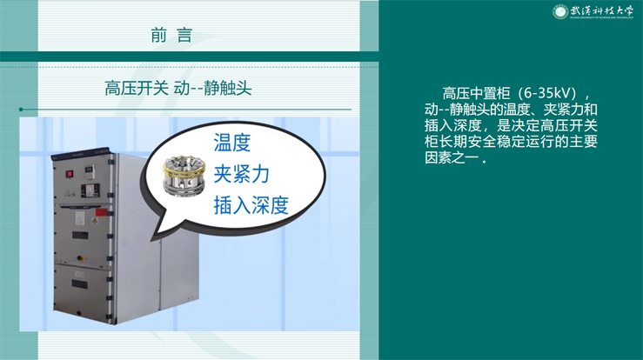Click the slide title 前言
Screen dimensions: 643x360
click(171, 36)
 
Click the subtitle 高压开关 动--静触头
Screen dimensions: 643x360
click(178, 88)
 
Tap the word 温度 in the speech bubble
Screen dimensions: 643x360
click(232, 143)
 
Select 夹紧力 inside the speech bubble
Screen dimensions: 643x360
click(242, 174)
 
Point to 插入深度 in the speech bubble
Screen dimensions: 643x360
click(251, 205)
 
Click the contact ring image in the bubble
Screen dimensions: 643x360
click(184, 176)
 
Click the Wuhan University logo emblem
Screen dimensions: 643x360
click(559, 11)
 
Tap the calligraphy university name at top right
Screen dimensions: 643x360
click(602, 10)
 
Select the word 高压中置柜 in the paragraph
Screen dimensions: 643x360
click(477, 94)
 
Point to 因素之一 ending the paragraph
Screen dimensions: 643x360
click(452, 157)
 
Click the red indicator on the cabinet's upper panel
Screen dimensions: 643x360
click(70, 174)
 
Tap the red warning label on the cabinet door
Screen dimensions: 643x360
click(101, 213)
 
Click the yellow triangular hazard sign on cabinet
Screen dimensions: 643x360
click(95, 222)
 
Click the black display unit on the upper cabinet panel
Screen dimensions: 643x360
click(90, 190)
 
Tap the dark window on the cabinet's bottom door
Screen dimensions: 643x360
click(79, 283)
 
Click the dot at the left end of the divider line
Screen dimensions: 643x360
click(21, 110)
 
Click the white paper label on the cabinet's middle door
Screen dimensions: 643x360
click(80, 218)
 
